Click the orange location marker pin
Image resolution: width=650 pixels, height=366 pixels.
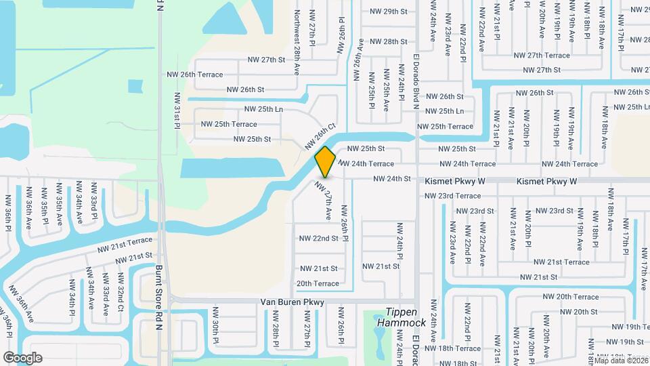coord(326,162)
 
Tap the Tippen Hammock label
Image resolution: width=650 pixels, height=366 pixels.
coord(405,317)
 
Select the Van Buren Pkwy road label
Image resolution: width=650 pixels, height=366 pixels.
coord(292,302)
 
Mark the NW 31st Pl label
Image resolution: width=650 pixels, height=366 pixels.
coord(177,110)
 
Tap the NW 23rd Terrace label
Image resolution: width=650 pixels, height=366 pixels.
coord(452,196)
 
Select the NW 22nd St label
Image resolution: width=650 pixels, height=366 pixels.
coord(318,239)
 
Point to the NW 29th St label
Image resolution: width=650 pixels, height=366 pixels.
coord(389,12)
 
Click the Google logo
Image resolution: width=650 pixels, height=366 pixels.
coord(22,358)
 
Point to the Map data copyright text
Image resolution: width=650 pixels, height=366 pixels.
coord(622,361)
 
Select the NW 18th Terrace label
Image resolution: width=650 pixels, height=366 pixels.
coord(458,348)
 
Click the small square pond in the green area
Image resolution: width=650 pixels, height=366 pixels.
coord(135,87)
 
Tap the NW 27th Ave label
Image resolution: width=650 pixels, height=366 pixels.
coord(324,201)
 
